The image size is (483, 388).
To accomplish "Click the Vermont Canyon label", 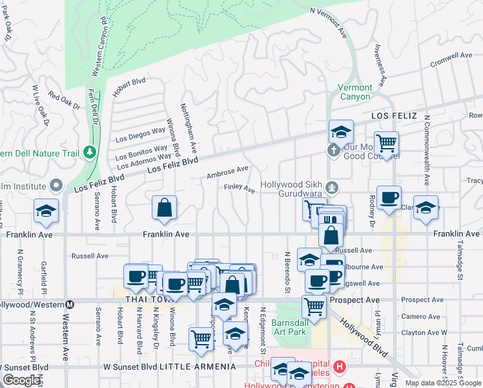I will pos(355,92).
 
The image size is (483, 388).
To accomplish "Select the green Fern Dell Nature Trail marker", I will pos(90,153).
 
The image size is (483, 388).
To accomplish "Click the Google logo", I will pos(21,380).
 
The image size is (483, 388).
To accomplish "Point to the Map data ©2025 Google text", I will pos(442,383).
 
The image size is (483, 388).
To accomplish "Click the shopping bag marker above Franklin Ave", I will pos(165,209).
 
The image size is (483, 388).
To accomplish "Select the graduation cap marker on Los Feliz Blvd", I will pos(341,133).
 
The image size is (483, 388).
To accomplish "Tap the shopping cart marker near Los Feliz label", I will pos(386,144).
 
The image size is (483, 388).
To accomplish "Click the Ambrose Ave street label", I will pos(227,172).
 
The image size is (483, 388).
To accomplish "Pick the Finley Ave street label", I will pos(239,188).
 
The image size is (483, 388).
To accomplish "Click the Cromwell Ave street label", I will pos(451,60).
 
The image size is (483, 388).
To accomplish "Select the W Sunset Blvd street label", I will pos(130,367).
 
